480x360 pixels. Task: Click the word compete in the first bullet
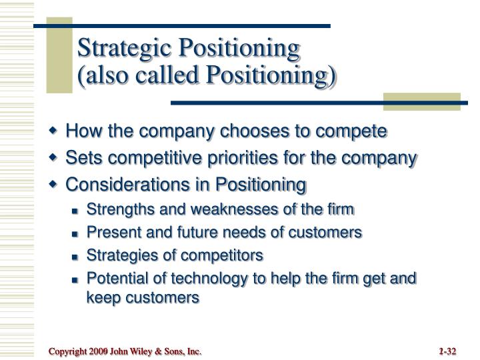[356, 131]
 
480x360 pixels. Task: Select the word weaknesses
[247, 210]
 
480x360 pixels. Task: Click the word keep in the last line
[101, 298]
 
